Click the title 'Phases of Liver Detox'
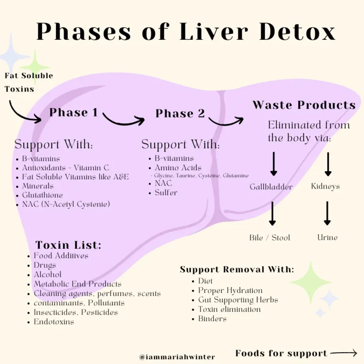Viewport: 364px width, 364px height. click(x=186, y=32)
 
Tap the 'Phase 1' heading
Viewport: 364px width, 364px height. click(x=73, y=112)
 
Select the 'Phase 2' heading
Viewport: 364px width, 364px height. click(x=180, y=113)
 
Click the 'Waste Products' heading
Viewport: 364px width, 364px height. click(x=304, y=105)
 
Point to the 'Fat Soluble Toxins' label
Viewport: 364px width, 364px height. click(x=28, y=82)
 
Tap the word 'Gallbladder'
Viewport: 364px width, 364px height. click(x=271, y=187)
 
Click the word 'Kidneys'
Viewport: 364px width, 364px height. click(x=325, y=186)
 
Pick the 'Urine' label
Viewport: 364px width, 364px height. click(x=327, y=237)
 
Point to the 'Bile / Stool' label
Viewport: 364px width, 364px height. click(x=270, y=237)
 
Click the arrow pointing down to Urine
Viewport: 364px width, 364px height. click(x=327, y=213)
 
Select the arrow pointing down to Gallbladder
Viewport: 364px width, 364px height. click(x=273, y=164)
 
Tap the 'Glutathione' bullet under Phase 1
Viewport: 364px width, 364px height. click(x=42, y=195)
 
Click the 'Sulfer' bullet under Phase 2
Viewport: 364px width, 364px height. click(x=166, y=192)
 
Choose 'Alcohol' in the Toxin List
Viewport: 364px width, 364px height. click(x=47, y=274)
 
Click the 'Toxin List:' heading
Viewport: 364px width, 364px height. click(x=68, y=245)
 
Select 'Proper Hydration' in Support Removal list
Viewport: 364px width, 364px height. click(x=230, y=291)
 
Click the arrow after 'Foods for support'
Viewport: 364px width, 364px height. click(x=344, y=353)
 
